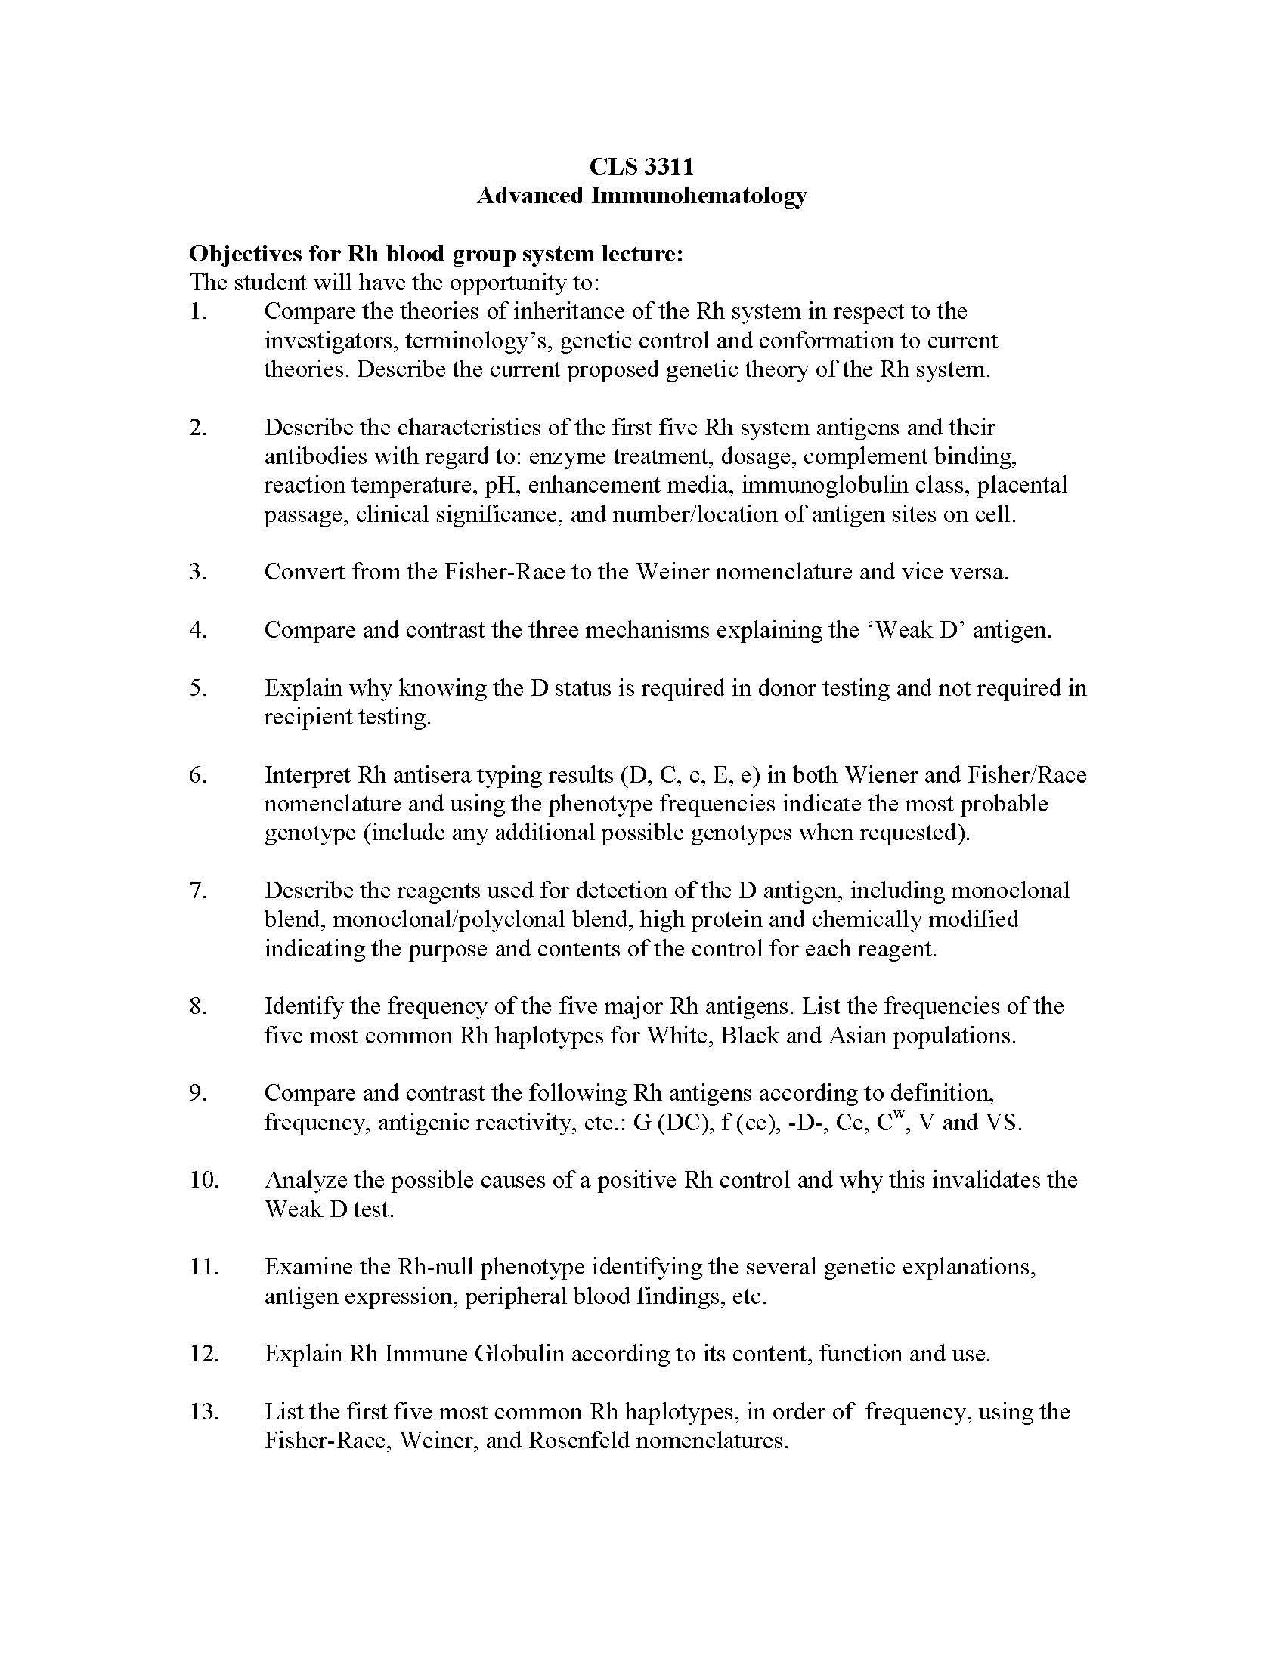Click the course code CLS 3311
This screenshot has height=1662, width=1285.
(x=642, y=166)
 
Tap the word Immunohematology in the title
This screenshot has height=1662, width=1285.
(x=699, y=196)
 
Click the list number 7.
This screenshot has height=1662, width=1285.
(x=197, y=890)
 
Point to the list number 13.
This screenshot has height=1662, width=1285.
(x=203, y=1412)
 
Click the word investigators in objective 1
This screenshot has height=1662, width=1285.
(x=328, y=340)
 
